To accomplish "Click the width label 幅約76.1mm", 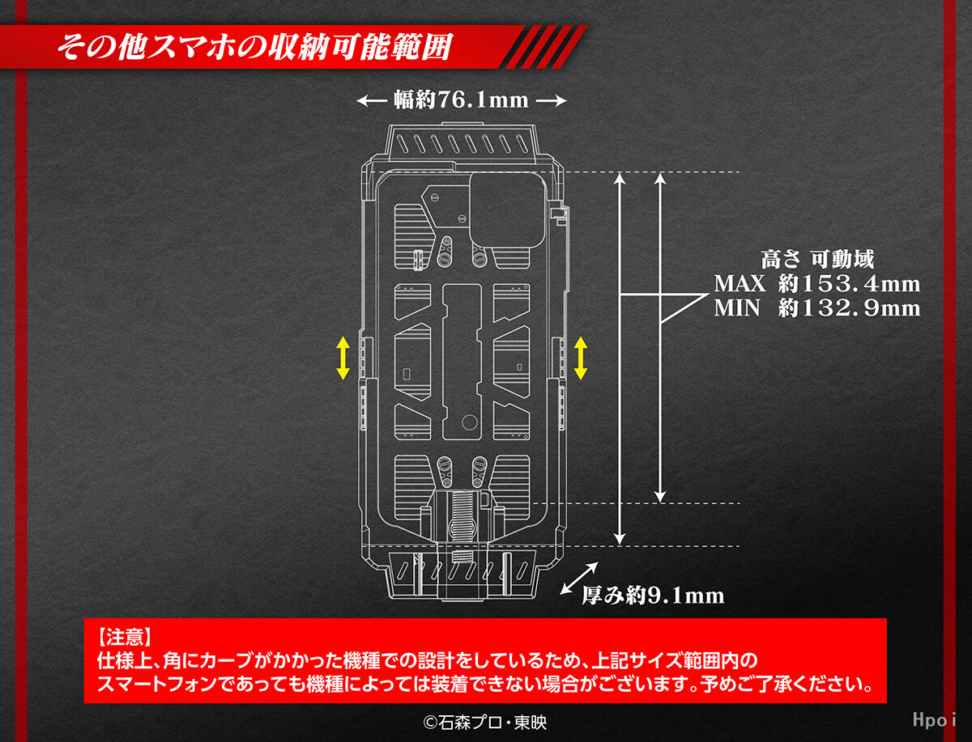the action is pyautogui.click(x=461, y=100).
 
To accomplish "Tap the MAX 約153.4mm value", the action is pyautogui.click(x=817, y=283).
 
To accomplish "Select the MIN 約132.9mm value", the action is pyautogui.click(x=817, y=307).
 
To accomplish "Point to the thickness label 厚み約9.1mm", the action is pyautogui.click(x=653, y=596).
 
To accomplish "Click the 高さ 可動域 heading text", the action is pyautogui.click(x=817, y=259).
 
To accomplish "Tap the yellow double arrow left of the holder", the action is pyautogui.click(x=343, y=358).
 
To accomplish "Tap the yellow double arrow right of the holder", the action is pyautogui.click(x=581, y=358).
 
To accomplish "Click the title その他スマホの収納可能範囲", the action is pyautogui.click(x=254, y=46).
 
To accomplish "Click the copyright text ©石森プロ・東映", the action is pyautogui.click(x=485, y=723).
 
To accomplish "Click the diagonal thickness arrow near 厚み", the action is pyautogui.click(x=579, y=579).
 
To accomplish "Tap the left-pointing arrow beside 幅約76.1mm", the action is pyautogui.click(x=372, y=101).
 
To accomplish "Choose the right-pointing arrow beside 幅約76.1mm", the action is pyautogui.click(x=552, y=101).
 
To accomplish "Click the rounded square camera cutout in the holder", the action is pyautogui.click(x=507, y=210).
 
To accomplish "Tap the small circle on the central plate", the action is pyautogui.click(x=470, y=422).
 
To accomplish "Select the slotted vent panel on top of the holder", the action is pyautogui.click(x=462, y=143).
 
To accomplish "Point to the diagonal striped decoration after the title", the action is pyautogui.click(x=546, y=46).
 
